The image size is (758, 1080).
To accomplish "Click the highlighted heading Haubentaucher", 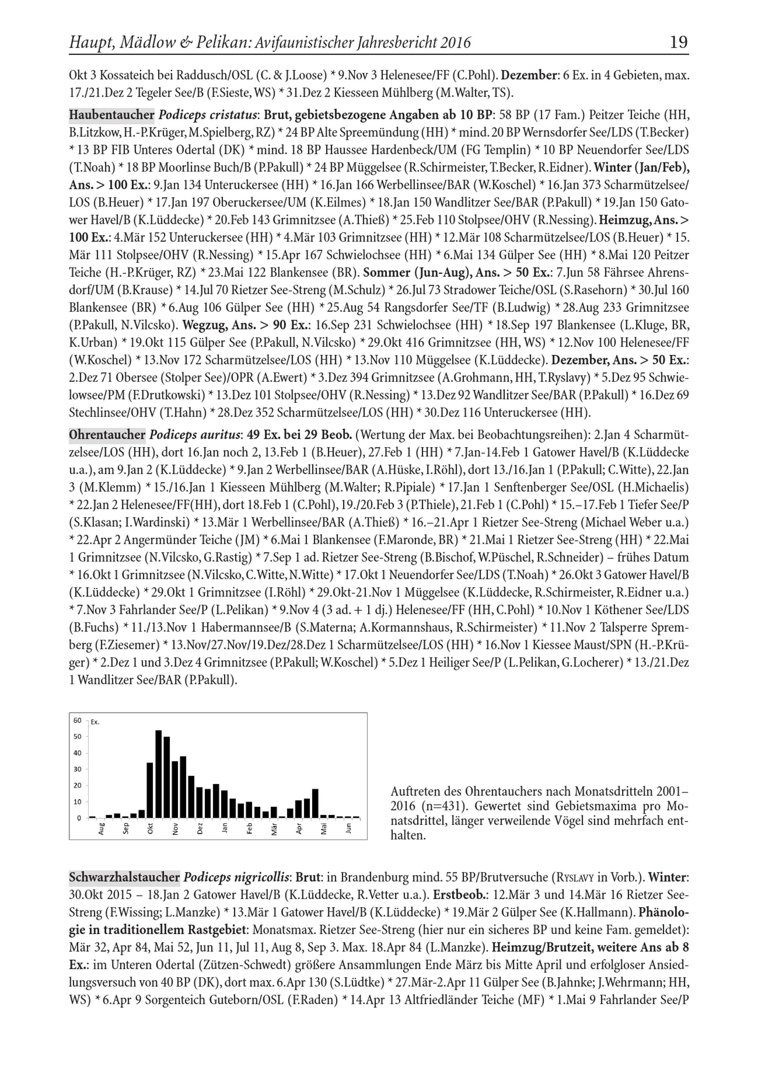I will pyautogui.click(x=111, y=115).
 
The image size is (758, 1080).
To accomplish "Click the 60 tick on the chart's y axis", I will pyautogui.click(x=77, y=721).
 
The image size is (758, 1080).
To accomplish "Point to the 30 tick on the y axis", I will pyautogui.click(x=77, y=769).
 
